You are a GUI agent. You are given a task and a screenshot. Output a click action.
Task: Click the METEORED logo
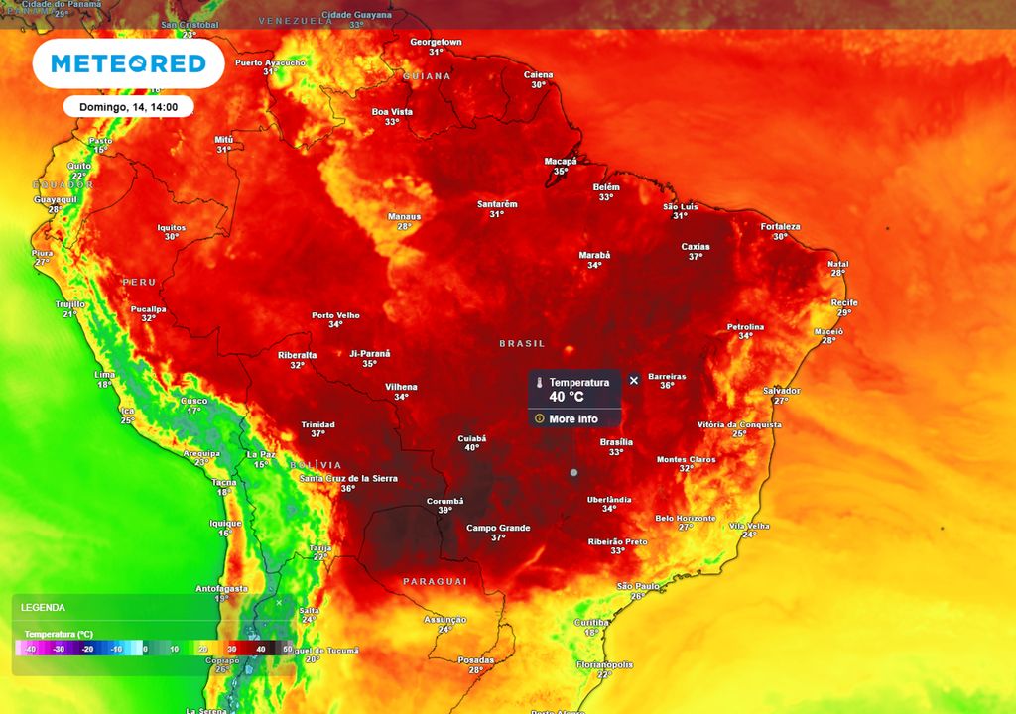pos(128,64)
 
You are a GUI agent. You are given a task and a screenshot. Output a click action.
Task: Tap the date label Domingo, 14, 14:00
pos(128,106)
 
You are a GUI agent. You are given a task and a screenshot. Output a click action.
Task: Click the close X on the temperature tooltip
pos(634,381)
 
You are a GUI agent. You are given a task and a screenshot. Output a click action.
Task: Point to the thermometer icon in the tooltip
pos(540,383)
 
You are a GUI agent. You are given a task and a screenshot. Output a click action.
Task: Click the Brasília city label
pos(616,442)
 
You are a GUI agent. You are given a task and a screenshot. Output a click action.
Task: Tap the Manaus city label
pos(404,216)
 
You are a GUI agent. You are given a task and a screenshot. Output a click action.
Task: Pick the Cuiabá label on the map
pos(472,437)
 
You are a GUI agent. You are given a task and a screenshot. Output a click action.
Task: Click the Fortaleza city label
pos(780,226)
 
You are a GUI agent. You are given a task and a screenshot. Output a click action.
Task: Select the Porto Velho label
pos(335,315)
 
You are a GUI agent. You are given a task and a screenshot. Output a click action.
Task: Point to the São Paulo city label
pos(639,586)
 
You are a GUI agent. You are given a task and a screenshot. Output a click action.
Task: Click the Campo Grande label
pos(498,528)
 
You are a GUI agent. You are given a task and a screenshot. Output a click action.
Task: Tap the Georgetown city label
pos(437,42)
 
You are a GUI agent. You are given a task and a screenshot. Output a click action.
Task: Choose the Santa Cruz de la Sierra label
pos(348,478)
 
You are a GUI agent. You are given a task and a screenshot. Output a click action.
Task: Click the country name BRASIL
pos(522,343)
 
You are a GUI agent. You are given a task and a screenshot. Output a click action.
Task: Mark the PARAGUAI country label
pos(435,581)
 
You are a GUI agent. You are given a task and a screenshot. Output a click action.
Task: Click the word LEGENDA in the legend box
pos(43,607)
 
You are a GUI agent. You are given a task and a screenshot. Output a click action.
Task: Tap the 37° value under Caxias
pos(696,257)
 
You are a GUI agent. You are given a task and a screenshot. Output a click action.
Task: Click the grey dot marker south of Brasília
pos(573,473)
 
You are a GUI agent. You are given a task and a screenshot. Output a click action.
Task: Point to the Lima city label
pos(104,374)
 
